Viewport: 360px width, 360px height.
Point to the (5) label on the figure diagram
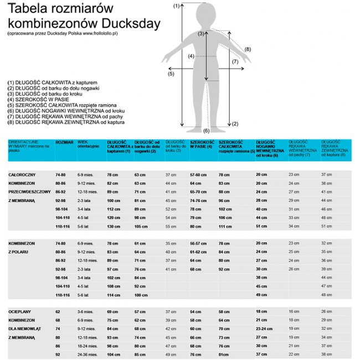(x=171, y=73)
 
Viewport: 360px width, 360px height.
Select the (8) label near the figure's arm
(x=248, y=49)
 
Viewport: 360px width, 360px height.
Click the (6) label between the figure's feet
(x=206, y=131)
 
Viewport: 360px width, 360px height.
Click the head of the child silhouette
(x=207, y=16)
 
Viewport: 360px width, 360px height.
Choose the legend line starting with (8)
(x=66, y=122)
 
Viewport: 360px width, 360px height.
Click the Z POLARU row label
(x=18, y=251)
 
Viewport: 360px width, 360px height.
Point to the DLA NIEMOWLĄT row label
(x=25, y=328)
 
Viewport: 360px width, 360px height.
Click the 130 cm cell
(x=114, y=226)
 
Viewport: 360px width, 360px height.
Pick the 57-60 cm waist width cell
(x=198, y=174)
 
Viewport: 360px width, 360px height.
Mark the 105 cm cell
(x=141, y=226)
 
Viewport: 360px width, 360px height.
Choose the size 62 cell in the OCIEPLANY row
(x=58, y=312)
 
